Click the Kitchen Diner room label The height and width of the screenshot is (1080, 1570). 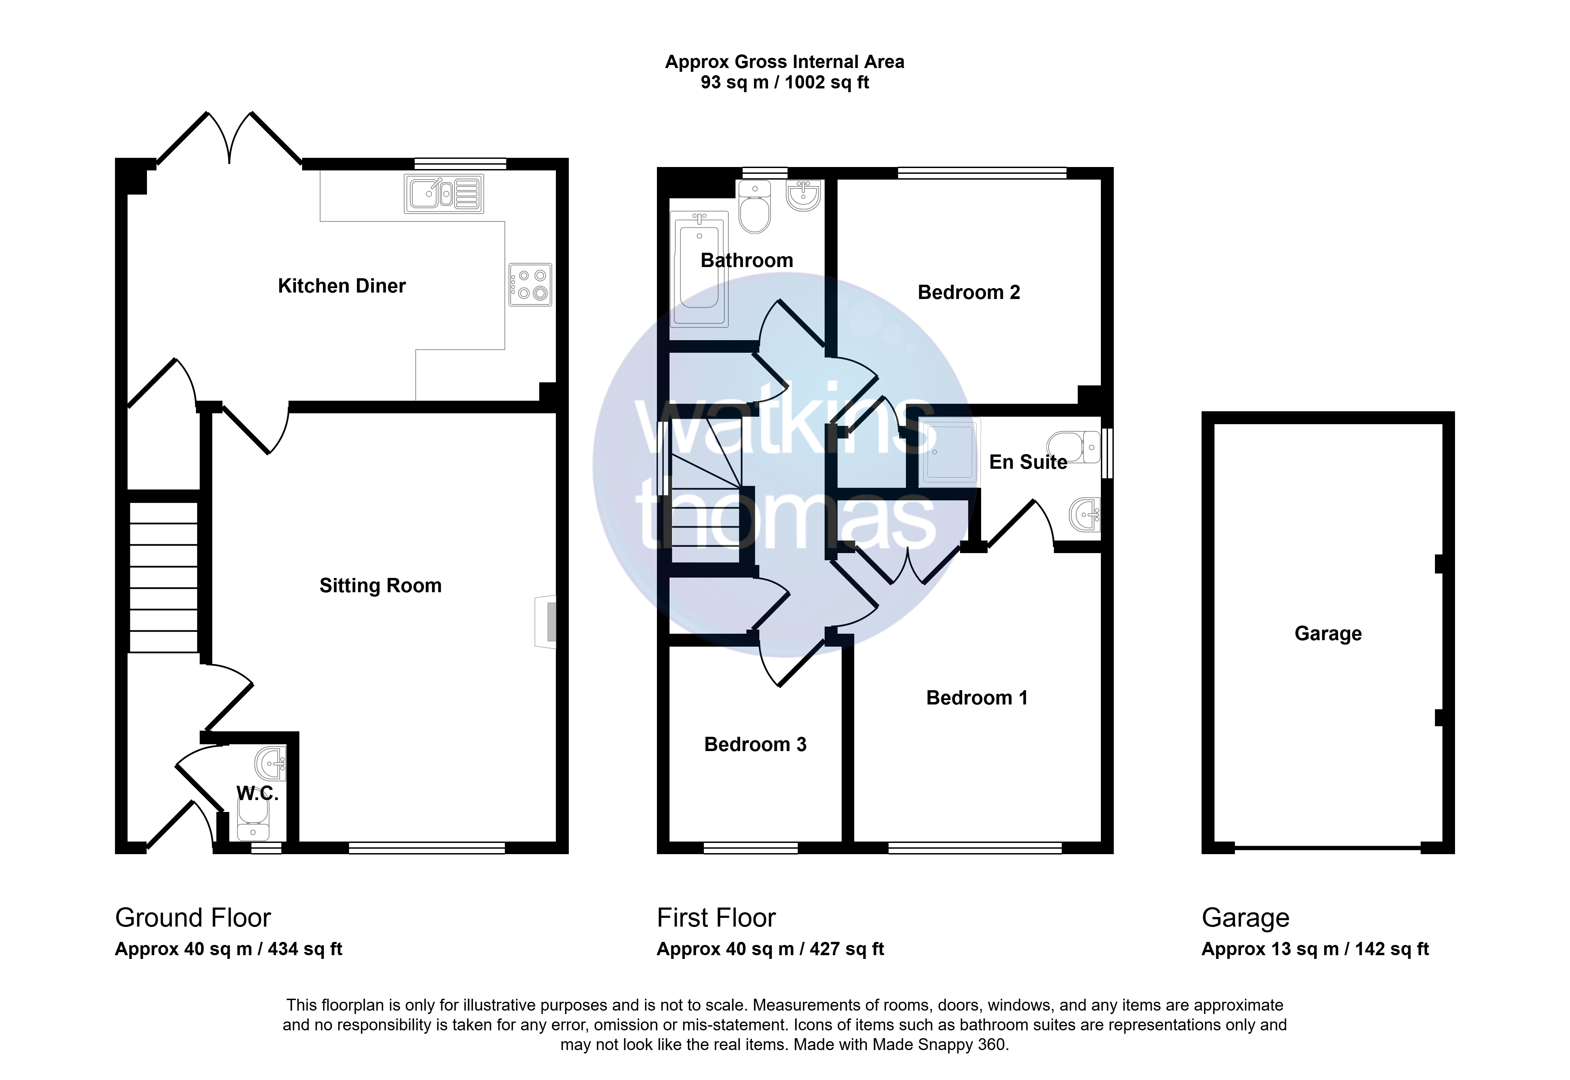click(342, 286)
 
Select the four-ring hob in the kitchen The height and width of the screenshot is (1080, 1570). click(531, 284)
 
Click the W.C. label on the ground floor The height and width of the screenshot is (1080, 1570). click(258, 793)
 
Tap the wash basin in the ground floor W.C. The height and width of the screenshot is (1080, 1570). click(271, 764)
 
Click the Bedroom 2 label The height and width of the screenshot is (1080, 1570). click(969, 292)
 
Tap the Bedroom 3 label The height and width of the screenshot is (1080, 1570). click(755, 744)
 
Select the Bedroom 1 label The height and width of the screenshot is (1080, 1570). click(976, 698)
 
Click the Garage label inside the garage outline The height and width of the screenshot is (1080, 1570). click(1328, 633)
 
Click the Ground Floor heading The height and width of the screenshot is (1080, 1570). click(193, 918)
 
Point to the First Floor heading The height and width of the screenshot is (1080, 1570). click(716, 918)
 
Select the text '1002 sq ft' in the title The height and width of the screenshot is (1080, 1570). click(827, 83)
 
